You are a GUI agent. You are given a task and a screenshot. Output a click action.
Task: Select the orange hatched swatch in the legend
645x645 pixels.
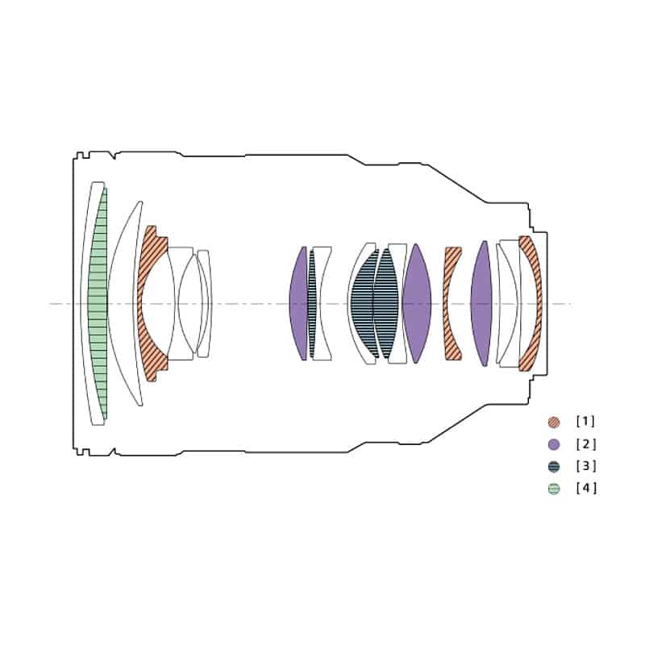point(553,422)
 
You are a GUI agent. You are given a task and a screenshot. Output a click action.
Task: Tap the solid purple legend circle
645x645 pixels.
point(553,444)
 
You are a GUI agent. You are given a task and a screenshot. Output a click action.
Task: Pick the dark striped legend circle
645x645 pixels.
point(553,466)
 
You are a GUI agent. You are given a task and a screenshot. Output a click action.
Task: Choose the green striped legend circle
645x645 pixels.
point(553,488)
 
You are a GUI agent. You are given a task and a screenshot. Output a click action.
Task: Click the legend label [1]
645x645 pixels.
point(585,422)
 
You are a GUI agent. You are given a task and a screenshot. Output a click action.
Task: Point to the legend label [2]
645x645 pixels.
point(585,444)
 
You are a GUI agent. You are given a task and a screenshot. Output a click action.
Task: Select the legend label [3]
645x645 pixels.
point(585,466)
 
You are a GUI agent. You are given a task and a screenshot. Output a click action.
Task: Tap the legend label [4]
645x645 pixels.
point(585,488)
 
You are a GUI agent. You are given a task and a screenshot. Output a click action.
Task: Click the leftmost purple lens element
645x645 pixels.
point(298,304)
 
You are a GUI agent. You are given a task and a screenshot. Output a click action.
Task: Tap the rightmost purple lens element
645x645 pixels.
point(481,304)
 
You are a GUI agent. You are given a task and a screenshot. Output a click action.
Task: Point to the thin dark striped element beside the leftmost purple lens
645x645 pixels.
point(312,304)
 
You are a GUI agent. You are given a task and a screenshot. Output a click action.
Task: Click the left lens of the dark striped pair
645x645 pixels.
point(362,304)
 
